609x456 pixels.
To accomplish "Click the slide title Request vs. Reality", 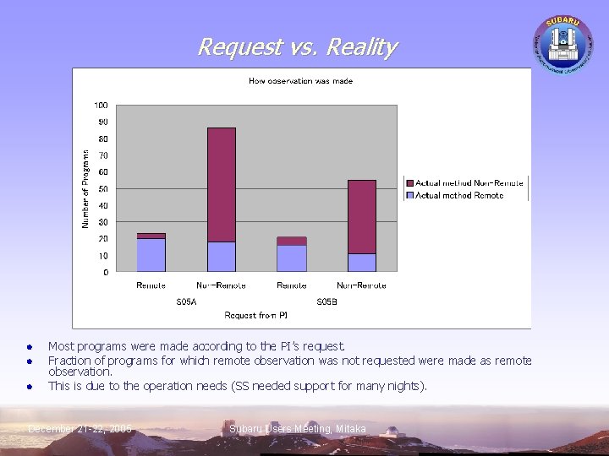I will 296,47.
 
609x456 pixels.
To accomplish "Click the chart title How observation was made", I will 300,81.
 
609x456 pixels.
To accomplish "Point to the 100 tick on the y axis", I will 101,106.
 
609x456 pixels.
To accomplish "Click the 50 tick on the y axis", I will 101,189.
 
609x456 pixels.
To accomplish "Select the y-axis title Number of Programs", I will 85,188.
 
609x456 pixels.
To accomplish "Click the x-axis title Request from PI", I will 256,315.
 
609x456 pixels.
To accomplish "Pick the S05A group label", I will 186,301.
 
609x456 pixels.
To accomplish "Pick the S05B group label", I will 326,301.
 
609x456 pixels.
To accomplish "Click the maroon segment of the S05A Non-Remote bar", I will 222,184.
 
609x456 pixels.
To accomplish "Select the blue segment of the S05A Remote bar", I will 151,254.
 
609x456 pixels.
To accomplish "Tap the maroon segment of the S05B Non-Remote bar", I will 362,216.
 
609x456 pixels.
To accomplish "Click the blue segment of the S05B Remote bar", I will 292,258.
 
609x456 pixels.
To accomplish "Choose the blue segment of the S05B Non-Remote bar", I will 362,263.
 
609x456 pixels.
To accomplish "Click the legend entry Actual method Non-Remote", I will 469,183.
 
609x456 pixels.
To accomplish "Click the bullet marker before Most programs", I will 29,346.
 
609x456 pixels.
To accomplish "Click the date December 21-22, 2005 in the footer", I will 80,430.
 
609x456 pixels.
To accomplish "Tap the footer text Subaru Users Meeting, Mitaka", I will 298,430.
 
